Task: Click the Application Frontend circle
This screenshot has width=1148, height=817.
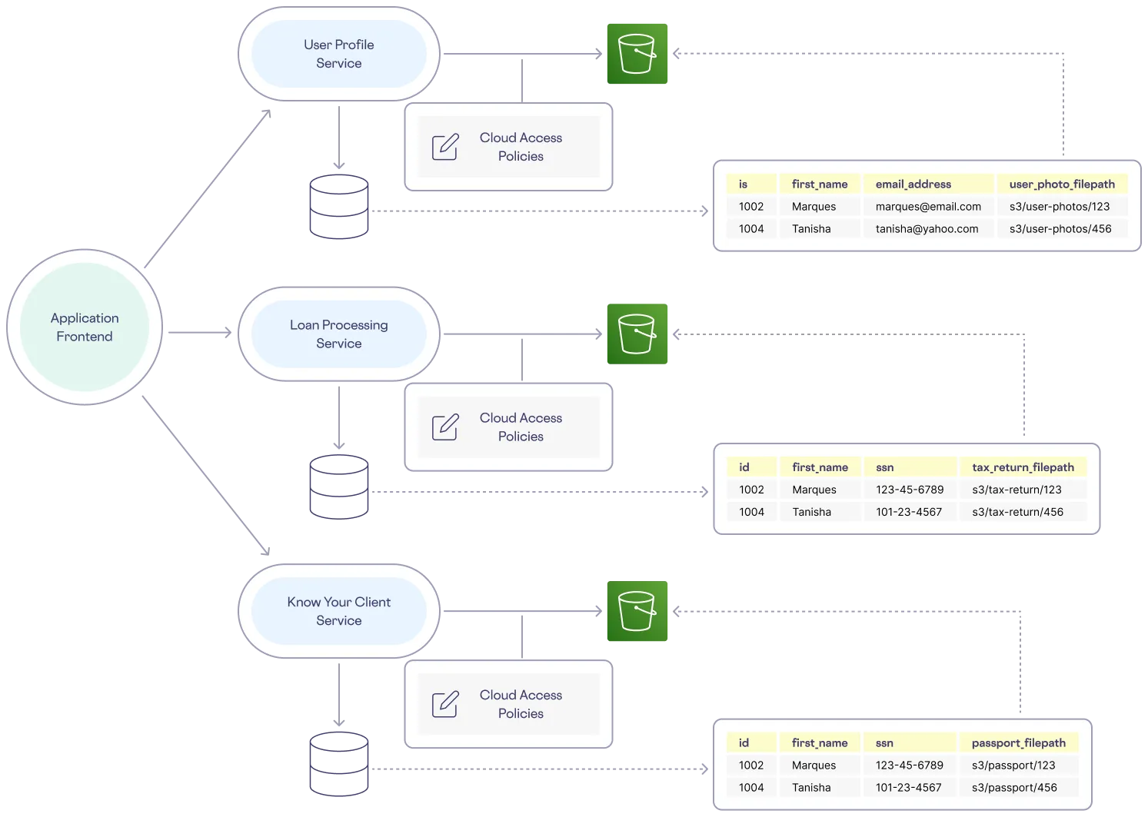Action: [85, 327]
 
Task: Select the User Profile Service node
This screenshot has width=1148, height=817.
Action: [339, 54]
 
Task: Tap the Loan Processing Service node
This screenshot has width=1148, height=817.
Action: [339, 334]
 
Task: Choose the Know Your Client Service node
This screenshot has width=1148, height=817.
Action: [339, 611]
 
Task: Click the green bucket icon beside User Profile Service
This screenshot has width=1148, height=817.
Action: [637, 53]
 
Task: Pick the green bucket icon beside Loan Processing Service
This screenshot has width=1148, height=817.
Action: [637, 334]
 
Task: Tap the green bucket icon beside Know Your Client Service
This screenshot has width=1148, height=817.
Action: [637, 612]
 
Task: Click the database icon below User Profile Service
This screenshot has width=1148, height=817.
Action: [338, 207]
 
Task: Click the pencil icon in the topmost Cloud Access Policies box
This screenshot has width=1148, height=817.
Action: [445, 147]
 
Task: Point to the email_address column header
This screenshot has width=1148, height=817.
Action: [913, 184]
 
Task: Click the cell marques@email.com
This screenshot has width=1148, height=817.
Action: [928, 207]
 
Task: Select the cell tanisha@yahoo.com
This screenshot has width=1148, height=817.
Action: [927, 229]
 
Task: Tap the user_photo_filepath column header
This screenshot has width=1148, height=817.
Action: [1062, 184]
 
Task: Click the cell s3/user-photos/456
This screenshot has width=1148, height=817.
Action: [1060, 229]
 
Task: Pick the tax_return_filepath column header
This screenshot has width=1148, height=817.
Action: [1023, 467]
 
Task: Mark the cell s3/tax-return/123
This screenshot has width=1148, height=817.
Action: [1017, 490]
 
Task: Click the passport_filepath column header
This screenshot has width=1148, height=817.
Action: [1018, 743]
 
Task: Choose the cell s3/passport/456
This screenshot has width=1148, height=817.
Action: [1014, 788]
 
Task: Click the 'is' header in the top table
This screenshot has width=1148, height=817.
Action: [744, 184]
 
